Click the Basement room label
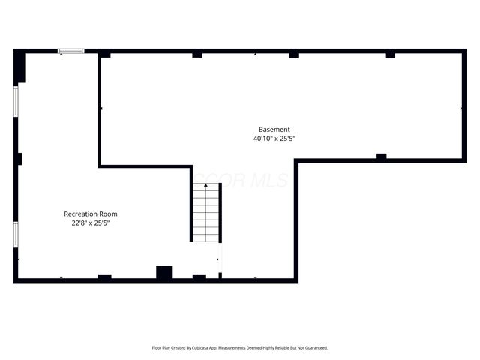click(274, 129)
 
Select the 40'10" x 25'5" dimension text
click(279, 139)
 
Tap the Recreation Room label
click(90, 214)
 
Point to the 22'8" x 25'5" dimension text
click(91, 223)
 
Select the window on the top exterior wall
click(71, 51)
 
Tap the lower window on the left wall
click(16, 234)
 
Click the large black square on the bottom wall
click(163, 273)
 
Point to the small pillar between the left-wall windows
click(19, 159)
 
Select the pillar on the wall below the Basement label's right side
click(381, 157)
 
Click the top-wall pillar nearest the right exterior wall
click(390, 55)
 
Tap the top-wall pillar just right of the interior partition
click(105, 55)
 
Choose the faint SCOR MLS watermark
click(236, 180)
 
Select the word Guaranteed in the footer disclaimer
click(313, 348)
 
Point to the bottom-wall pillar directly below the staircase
click(199, 277)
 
